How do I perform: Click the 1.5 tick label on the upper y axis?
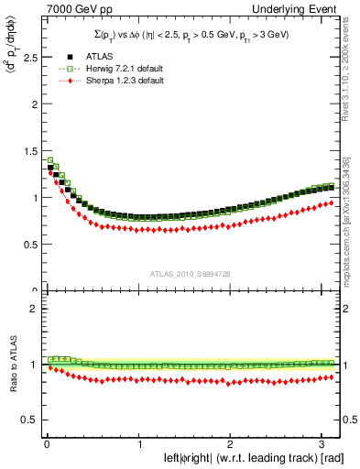point(27,150)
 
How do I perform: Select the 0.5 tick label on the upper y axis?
point(27,245)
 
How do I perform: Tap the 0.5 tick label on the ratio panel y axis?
point(27,420)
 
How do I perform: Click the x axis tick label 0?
point(46,445)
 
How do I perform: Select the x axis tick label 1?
point(138,445)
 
